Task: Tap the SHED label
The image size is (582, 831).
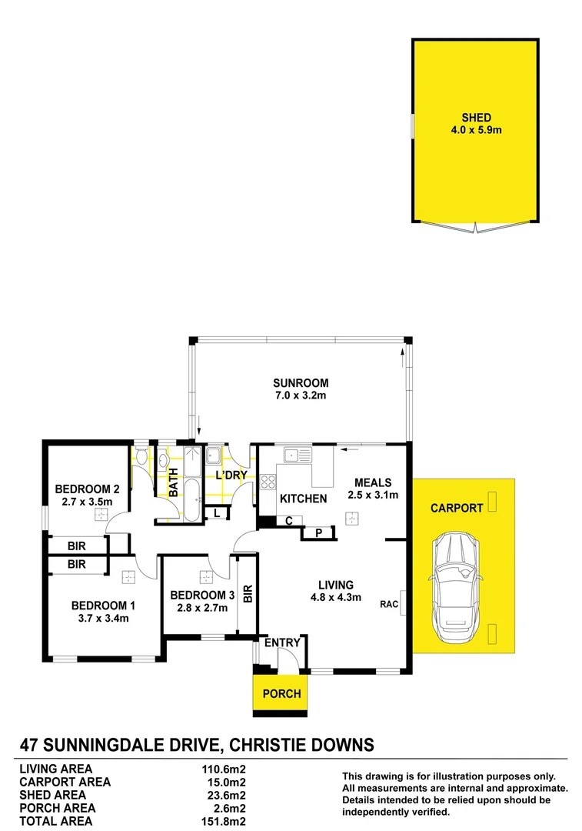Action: point(476,118)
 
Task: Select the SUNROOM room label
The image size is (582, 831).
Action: point(301,383)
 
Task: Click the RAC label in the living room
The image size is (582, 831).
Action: point(388,604)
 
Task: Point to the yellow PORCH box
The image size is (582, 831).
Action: point(281,694)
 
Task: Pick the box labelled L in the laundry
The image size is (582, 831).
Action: point(218,513)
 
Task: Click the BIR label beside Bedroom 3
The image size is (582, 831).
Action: point(248,593)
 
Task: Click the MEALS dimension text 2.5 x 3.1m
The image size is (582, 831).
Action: point(372,495)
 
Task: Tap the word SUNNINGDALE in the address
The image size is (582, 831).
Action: point(131,745)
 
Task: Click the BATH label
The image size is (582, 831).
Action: point(174,482)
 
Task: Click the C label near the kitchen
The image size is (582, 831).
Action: point(289,520)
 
